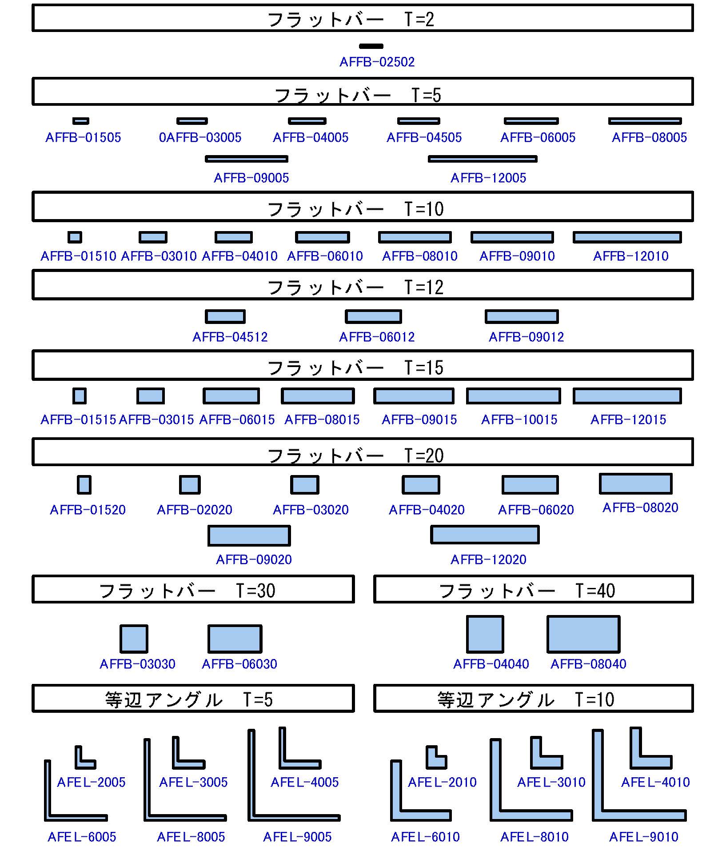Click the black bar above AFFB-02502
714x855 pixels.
click(x=371, y=46)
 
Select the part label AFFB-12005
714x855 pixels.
click(x=488, y=178)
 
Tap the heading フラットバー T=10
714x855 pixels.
click(x=355, y=209)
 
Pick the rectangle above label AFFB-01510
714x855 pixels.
click(x=75, y=237)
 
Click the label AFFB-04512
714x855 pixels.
click(x=230, y=337)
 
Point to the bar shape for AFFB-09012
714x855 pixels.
click(x=522, y=316)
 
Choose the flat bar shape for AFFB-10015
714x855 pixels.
click(x=513, y=396)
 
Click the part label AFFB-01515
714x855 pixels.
click(x=78, y=420)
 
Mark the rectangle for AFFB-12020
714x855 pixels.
click(x=485, y=535)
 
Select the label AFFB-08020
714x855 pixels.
click(x=640, y=508)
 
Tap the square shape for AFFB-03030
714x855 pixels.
click(x=134, y=639)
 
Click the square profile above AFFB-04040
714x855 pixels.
click(x=485, y=634)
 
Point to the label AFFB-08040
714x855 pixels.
click(x=589, y=664)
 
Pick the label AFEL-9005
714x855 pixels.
click(x=297, y=837)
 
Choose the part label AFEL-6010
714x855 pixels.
click(x=425, y=837)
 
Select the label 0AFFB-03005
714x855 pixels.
click(x=200, y=138)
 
